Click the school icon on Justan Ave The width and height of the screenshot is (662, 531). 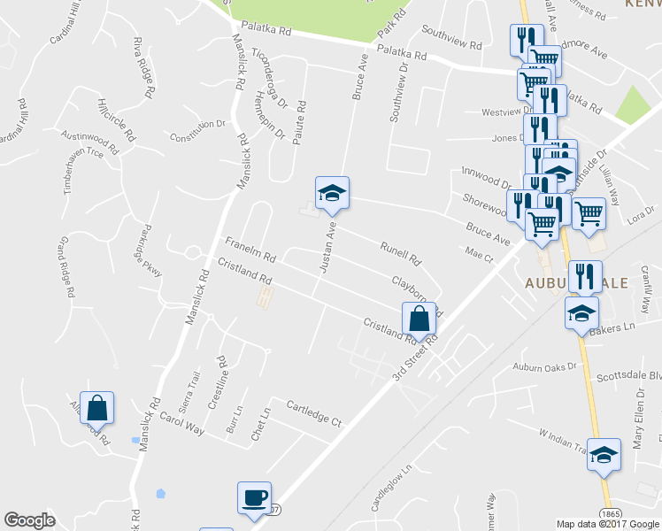pos(333,193)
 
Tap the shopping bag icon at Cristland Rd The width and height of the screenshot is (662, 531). pos(420,319)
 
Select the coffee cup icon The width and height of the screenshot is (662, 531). pos(255,498)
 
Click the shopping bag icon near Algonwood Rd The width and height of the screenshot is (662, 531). pos(97,409)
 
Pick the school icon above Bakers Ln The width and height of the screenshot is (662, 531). pos(582,313)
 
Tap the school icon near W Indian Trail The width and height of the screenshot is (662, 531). pos(604,455)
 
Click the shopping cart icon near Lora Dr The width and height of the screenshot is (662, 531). pos(589,213)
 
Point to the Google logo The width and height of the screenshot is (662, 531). pos(30,521)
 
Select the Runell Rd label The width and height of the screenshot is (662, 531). pos(399,254)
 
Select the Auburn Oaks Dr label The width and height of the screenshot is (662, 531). pos(544,366)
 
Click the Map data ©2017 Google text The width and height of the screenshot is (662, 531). pos(606,524)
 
